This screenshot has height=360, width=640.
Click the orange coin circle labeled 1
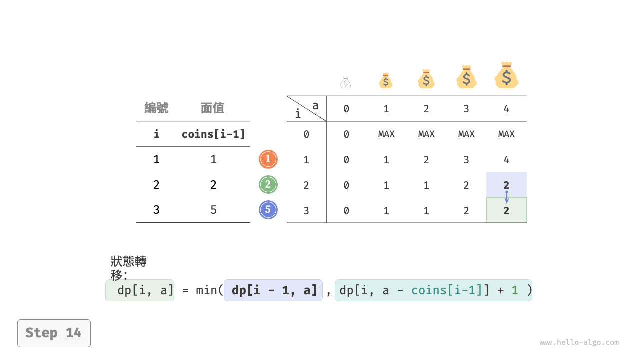pyautogui.click(x=268, y=159)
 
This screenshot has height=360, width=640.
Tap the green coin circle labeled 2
pyautogui.click(x=268, y=185)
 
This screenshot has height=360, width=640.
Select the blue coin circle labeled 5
pyautogui.click(x=268, y=210)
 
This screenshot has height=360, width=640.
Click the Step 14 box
pyautogui.click(x=54, y=333)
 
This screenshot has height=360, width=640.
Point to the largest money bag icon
pyautogui.click(x=506, y=75)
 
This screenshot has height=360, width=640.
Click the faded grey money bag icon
pyautogui.click(x=345, y=83)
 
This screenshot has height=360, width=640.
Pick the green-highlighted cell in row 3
pyautogui.click(x=506, y=210)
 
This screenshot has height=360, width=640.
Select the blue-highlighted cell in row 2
pyautogui.click(x=506, y=185)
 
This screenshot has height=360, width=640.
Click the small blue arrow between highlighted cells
pyautogui.click(x=507, y=197)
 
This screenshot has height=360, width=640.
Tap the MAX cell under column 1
pyautogui.click(x=386, y=134)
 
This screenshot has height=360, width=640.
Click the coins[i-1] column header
pyautogui.click(x=213, y=134)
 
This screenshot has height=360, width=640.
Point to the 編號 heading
pyautogui.click(x=156, y=108)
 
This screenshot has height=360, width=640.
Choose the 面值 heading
pyautogui.click(x=212, y=108)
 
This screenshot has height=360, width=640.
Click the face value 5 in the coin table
pyautogui.click(x=213, y=210)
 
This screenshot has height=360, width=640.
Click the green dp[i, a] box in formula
pyautogui.click(x=140, y=290)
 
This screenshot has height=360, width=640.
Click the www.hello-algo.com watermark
pyautogui.click(x=579, y=342)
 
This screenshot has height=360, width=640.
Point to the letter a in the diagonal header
pyautogui.click(x=315, y=106)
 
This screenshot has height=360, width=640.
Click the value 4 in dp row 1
pyautogui.click(x=506, y=160)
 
